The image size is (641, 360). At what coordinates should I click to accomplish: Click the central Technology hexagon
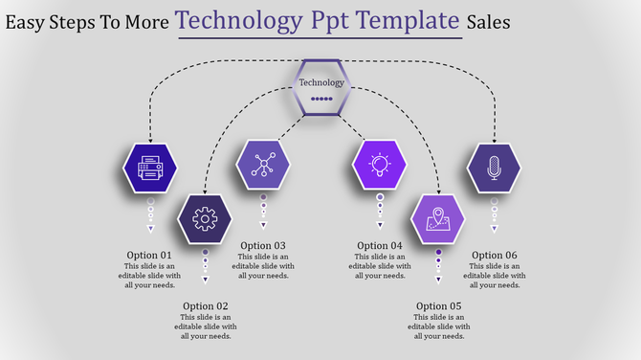pos(321,87)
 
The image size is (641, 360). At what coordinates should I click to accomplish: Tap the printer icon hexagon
pos(150,169)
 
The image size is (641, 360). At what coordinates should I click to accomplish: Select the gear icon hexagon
pos(205,219)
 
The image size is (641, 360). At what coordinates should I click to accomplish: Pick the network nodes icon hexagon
pos(262,165)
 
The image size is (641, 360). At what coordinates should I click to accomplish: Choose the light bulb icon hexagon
pos(380,165)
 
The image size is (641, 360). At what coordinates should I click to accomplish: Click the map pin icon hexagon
pos(438,218)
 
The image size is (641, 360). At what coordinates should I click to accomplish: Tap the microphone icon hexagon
pos(494,169)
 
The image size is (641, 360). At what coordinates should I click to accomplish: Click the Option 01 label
pos(150,255)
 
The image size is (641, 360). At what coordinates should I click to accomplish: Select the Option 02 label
pos(206,306)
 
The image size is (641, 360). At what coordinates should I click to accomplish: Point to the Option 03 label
pos(263,246)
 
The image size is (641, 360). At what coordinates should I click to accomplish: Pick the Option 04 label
pos(380,246)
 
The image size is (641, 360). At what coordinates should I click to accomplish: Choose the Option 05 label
pos(439,306)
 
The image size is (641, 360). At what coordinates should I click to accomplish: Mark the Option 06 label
pos(495,255)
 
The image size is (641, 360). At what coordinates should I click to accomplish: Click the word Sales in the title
pos(489,21)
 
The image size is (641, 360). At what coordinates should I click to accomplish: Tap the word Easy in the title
pos(26,21)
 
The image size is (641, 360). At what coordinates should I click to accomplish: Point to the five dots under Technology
pos(321,98)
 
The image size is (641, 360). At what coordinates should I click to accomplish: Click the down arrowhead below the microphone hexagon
pos(495,230)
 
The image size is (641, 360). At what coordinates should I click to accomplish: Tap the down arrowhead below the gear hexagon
pos(205,281)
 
